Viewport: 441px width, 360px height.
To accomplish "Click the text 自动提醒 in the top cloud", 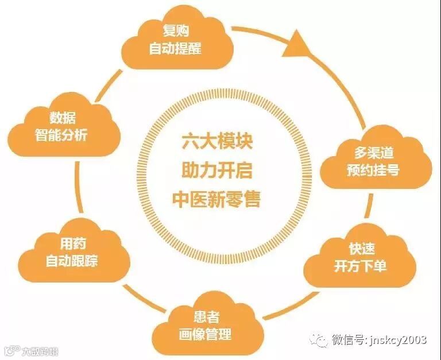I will point(175,48).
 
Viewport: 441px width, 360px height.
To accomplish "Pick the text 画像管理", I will point(206,334).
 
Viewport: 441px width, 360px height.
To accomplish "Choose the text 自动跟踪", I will point(72,261).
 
